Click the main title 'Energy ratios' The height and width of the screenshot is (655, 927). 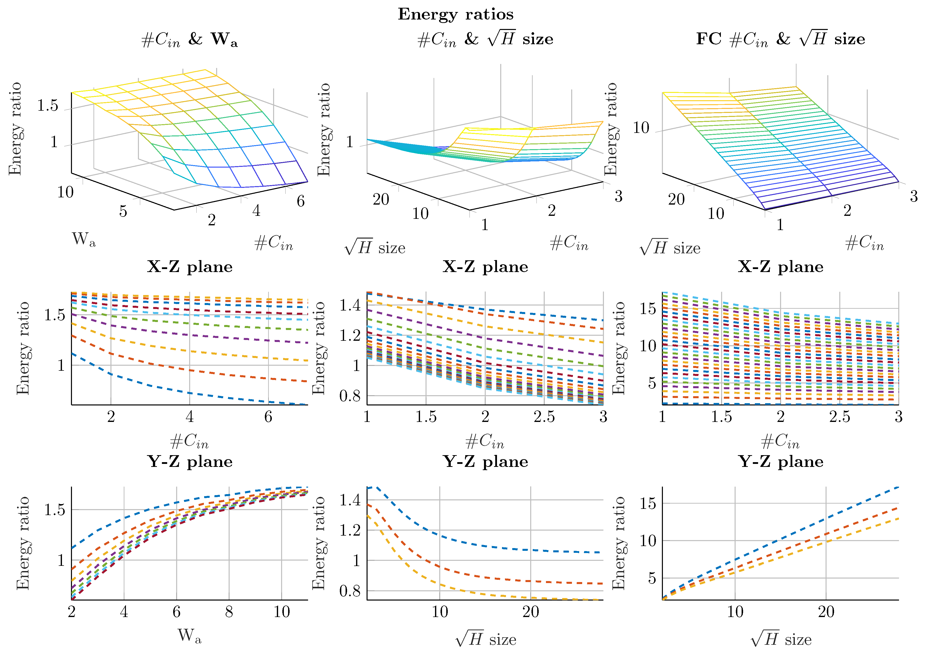[x=456, y=14]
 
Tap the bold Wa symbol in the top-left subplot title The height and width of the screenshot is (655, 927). [x=224, y=39]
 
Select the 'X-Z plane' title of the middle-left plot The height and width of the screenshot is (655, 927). [x=190, y=267]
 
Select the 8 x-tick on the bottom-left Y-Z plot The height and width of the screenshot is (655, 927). [x=229, y=612]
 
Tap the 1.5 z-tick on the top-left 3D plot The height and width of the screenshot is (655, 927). [x=48, y=106]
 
